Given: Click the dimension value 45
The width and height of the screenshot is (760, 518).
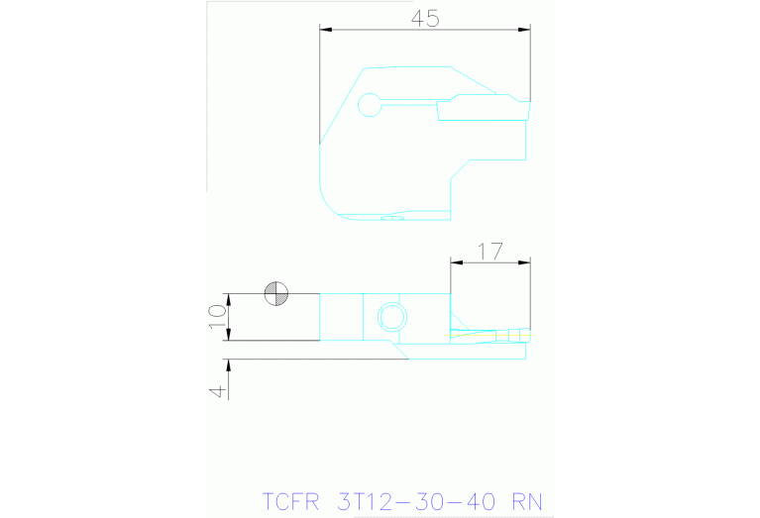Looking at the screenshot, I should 425,19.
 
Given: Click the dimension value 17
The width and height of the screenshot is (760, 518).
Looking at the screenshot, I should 489,252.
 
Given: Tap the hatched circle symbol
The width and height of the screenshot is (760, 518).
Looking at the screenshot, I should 276,293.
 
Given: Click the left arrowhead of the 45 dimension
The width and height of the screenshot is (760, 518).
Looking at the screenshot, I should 325,30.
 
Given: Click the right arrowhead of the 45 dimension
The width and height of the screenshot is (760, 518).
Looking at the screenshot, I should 525,30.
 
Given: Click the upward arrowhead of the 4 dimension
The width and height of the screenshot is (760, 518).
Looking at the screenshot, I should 228,363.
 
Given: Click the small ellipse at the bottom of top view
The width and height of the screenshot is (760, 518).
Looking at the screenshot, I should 392,216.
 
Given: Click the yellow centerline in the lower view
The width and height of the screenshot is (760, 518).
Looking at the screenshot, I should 490,334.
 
